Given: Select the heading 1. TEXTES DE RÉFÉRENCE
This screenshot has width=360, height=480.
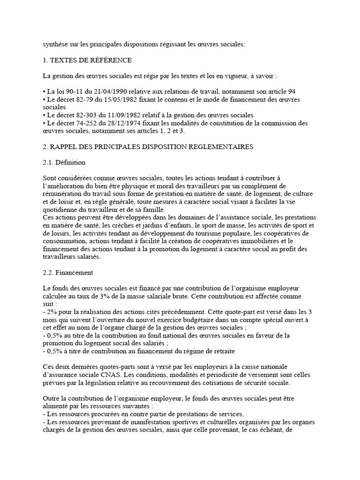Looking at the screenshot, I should [x=87, y=60].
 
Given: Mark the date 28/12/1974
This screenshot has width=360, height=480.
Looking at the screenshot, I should [x=128, y=123].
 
